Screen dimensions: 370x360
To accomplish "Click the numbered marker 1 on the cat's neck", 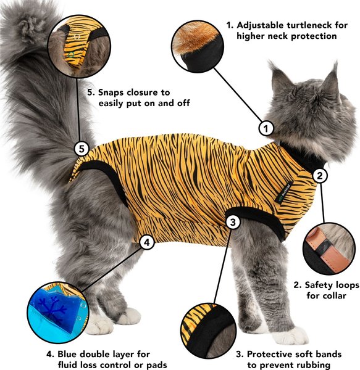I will point(266,129).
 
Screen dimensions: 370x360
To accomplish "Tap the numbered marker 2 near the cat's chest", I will point(320,176).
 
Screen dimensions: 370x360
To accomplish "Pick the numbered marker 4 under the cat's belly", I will point(146,242).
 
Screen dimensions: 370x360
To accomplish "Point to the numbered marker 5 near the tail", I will point(82,148).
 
